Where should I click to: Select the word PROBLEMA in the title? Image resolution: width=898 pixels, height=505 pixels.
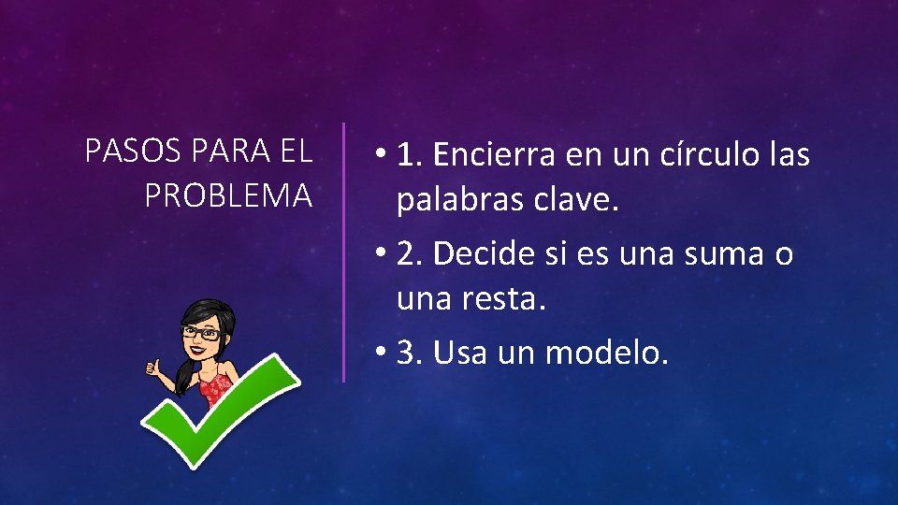point(228,196)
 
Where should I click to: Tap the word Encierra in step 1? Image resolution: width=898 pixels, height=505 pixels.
point(493,155)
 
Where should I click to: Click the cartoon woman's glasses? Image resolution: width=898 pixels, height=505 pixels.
point(202,332)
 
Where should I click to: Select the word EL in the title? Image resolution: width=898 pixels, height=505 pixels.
point(296,151)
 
